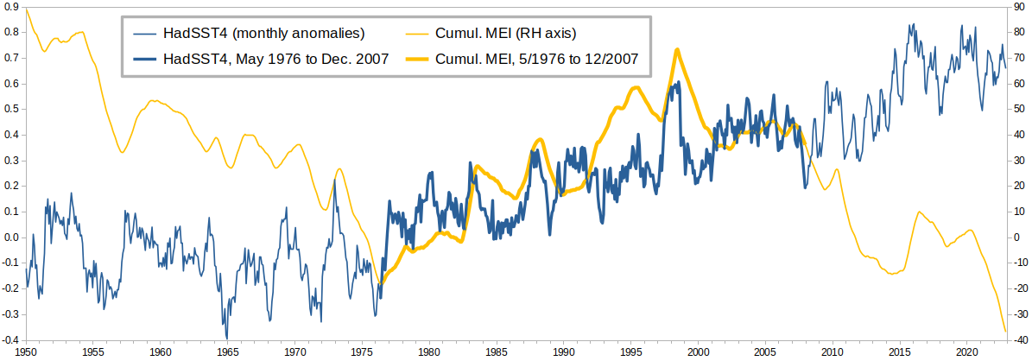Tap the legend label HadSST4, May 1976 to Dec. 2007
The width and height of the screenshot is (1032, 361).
275,59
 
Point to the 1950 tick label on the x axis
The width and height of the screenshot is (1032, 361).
26,352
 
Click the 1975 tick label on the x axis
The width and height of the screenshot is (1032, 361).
361,352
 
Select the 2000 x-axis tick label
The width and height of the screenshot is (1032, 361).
697,352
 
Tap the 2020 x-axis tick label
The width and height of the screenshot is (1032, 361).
966,352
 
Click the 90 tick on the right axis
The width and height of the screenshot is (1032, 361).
1020,7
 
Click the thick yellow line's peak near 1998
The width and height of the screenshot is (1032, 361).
676,49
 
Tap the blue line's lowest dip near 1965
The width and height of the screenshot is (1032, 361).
226,339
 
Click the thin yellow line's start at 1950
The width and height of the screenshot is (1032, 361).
26,9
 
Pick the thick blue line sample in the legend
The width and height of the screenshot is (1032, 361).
142,60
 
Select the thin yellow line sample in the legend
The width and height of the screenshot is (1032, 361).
416,32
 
